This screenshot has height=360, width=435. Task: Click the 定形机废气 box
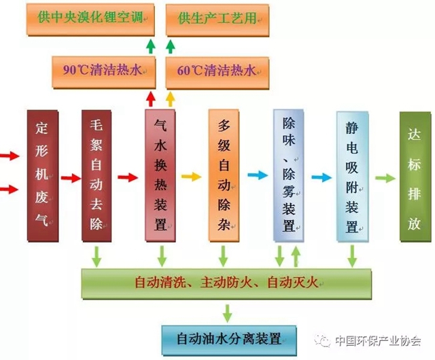point(44,175)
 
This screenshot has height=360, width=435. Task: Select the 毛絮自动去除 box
point(97,175)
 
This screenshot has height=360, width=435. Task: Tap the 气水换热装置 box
point(161,175)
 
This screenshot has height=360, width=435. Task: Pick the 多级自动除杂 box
point(224,175)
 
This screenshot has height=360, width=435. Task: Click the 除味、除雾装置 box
point(289,175)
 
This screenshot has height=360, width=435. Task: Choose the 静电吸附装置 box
point(351,175)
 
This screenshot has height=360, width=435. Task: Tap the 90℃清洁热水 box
point(104,70)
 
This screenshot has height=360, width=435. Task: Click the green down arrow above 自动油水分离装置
point(227,312)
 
